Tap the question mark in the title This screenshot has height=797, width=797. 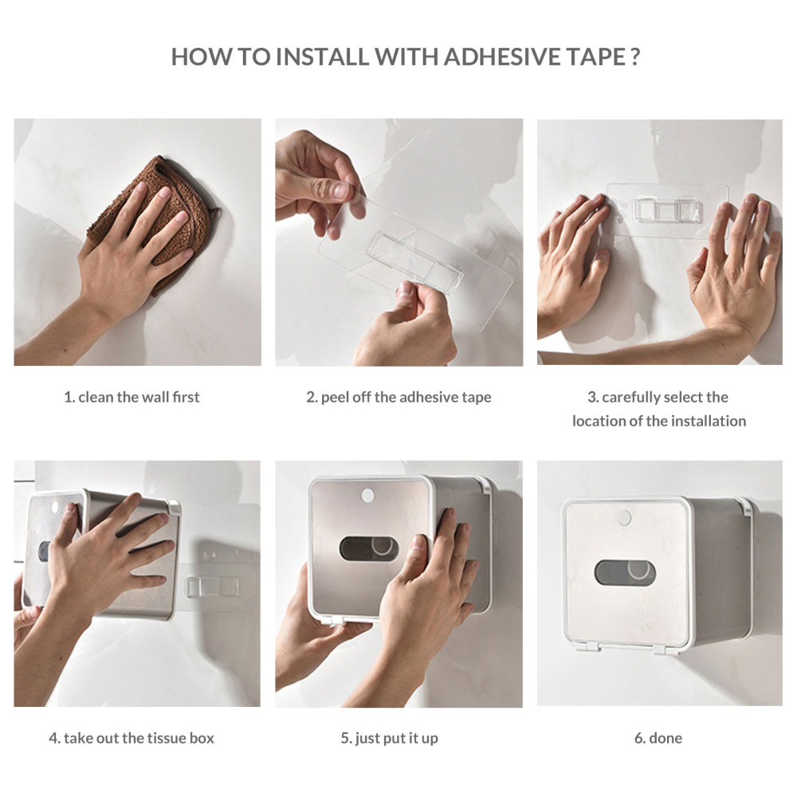(x=634, y=57)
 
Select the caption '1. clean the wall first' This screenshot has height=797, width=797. (x=132, y=397)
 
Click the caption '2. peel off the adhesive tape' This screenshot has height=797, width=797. (x=398, y=397)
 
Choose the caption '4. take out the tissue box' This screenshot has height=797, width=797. (x=132, y=738)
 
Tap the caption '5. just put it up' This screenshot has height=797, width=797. (x=389, y=738)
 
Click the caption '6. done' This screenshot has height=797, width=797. (x=658, y=738)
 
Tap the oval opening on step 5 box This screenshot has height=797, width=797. (x=369, y=548)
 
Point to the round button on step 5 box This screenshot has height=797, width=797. (x=367, y=496)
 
